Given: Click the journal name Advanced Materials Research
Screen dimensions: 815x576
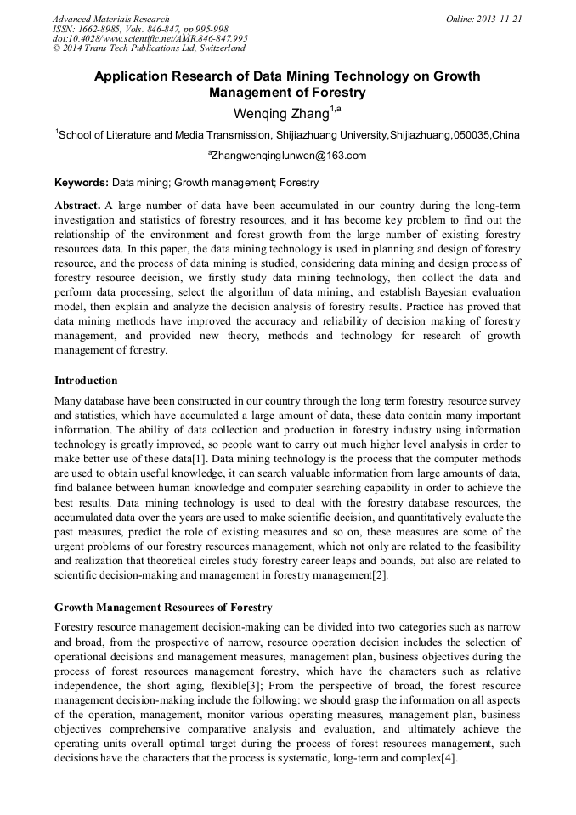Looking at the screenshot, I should (x=110, y=19).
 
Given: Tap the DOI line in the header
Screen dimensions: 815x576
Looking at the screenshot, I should (x=150, y=38).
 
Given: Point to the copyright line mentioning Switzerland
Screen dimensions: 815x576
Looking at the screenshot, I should (x=149, y=48).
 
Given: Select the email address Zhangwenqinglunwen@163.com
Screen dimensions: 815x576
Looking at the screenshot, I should (x=287, y=156).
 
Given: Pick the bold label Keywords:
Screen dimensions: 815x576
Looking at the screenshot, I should (x=82, y=183).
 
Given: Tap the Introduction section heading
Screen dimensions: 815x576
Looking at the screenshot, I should (x=86, y=380).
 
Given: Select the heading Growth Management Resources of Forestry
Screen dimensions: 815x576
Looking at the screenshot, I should (x=163, y=608).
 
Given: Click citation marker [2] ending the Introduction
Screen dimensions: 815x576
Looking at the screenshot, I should (x=378, y=575).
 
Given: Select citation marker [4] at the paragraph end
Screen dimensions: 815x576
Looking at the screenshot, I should (x=449, y=759).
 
